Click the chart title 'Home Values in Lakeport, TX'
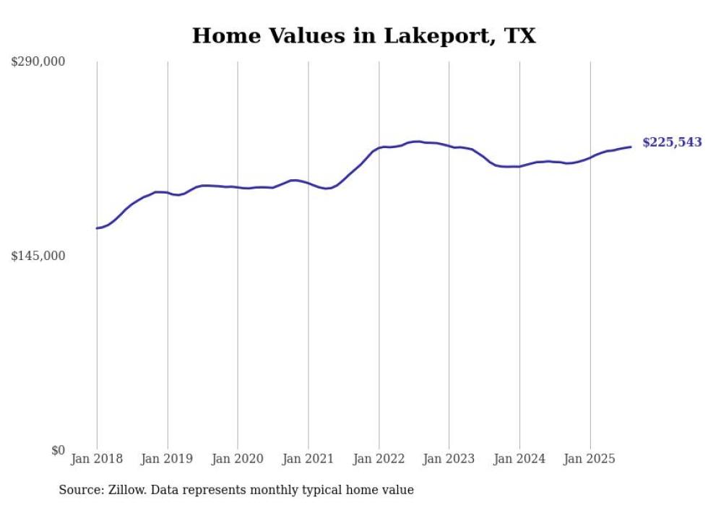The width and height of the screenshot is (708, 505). (x=363, y=36)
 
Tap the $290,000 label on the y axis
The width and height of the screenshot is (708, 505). (x=38, y=62)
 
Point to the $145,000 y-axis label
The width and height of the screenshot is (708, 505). (x=38, y=256)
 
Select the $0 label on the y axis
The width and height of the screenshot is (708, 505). (x=58, y=450)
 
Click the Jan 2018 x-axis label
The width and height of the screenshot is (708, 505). (x=97, y=459)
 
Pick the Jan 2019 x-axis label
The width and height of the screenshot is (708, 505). (x=168, y=459)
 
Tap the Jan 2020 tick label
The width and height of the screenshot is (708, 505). (x=238, y=459)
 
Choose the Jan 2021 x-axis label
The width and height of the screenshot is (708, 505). (x=308, y=459)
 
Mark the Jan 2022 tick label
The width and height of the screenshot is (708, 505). (x=379, y=459)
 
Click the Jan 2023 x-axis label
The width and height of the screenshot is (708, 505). (x=449, y=459)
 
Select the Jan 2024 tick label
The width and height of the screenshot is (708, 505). (x=519, y=459)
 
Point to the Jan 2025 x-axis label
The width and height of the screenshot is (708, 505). (x=590, y=459)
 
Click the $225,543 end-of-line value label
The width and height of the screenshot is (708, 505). (x=672, y=143)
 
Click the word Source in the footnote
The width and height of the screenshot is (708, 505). (x=81, y=491)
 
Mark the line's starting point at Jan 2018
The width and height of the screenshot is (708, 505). (x=97, y=228)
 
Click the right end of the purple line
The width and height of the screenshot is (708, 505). (x=631, y=147)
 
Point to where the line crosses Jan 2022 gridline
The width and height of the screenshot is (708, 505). (x=379, y=148)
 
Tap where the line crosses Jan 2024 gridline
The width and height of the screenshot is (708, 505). (x=519, y=166)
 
